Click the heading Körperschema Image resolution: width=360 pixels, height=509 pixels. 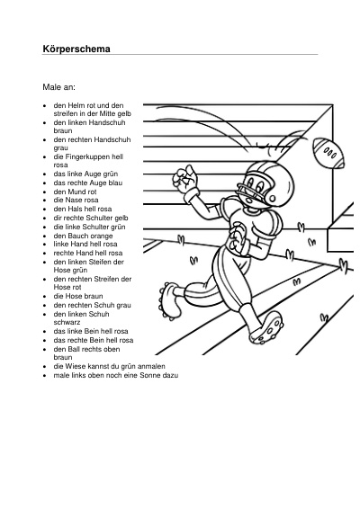tap(76, 49)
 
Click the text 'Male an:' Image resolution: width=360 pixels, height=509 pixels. tap(58, 87)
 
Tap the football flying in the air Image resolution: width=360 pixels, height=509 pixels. tap(328, 153)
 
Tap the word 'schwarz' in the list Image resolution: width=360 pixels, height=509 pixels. tap(67, 322)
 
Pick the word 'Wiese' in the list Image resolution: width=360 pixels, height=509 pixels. tap(75, 366)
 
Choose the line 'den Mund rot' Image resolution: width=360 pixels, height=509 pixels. tap(75, 192)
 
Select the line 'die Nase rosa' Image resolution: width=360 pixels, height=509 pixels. tap(76, 200)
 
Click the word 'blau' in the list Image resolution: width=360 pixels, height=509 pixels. tap(115, 183)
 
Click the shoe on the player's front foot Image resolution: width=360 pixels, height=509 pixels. tap(265, 328)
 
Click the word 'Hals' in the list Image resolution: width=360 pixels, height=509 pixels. tap(75, 209)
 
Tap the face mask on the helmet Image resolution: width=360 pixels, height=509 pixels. tap(246, 192)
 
